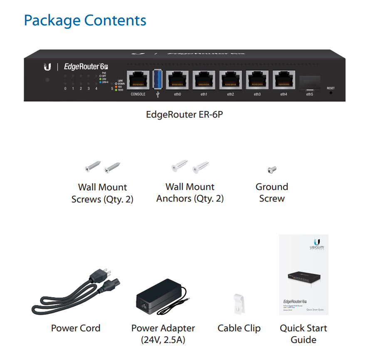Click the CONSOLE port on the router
[x=138, y=80]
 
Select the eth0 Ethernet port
[x=178, y=80]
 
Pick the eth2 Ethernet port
[x=230, y=80]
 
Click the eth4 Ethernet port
[x=284, y=80]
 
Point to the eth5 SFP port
[x=310, y=82]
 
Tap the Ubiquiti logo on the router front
[x=47, y=67]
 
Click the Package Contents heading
[x=85, y=20]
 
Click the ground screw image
[x=272, y=169]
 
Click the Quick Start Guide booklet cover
[x=304, y=274]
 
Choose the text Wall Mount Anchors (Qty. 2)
[x=190, y=193]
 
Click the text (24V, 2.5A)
[x=163, y=340]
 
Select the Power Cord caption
[x=76, y=328]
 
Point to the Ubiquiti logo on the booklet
[x=317, y=242]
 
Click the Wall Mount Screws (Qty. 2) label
[x=102, y=193]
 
